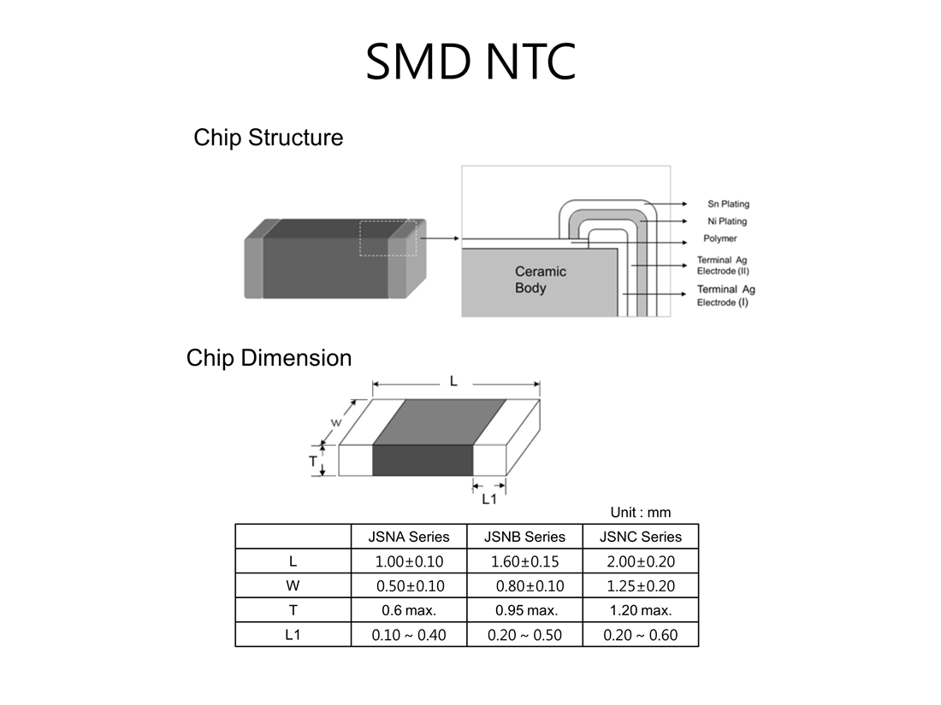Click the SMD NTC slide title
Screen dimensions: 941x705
click(470, 62)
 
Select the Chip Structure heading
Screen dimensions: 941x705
click(269, 138)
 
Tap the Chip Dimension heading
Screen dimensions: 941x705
click(269, 358)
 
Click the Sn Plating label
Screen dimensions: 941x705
click(728, 204)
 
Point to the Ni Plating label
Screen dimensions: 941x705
click(727, 221)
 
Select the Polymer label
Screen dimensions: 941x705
click(720, 238)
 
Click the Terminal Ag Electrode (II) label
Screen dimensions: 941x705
click(723, 266)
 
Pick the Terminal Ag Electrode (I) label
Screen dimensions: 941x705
click(725, 296)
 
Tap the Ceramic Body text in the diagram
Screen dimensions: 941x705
click(540, 280)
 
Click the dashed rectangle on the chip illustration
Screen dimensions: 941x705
click(388, 222)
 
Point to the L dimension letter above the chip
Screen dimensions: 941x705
click(453, 380)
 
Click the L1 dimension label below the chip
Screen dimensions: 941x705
click(489, 499)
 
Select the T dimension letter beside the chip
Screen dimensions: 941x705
click(312, 461)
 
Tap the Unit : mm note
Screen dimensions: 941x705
click(641, 513)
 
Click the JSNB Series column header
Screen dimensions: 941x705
click(524, 537)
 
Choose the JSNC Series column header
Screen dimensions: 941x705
click(641, 537)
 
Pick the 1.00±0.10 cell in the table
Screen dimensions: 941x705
click(409, 561)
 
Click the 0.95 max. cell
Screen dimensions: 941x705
click(526, 611)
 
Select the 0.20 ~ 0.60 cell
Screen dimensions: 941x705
click(641, 635)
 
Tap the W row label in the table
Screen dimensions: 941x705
click(293, 585)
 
